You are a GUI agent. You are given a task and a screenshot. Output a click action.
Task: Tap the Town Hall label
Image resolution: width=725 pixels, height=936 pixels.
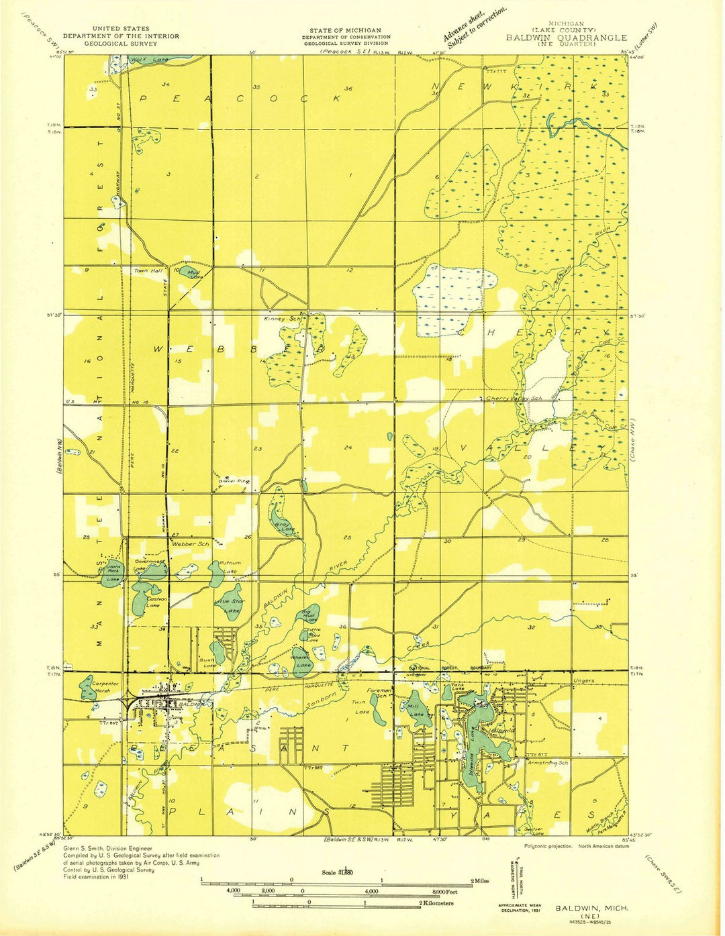point(148,270)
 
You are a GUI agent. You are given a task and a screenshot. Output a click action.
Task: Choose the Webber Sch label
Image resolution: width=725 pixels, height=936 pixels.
point(190,543)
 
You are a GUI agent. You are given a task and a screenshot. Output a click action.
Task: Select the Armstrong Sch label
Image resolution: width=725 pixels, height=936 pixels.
point(548,763)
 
